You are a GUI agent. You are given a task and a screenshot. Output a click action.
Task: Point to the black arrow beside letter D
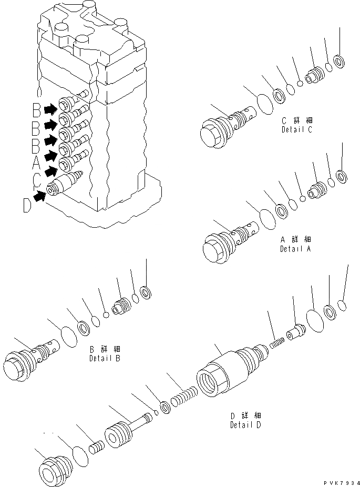click(x=38, y=197)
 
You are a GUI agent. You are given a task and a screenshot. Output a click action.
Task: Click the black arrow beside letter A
click(x=50, y=156)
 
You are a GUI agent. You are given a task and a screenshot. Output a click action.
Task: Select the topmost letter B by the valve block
click(x=36, y=110)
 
